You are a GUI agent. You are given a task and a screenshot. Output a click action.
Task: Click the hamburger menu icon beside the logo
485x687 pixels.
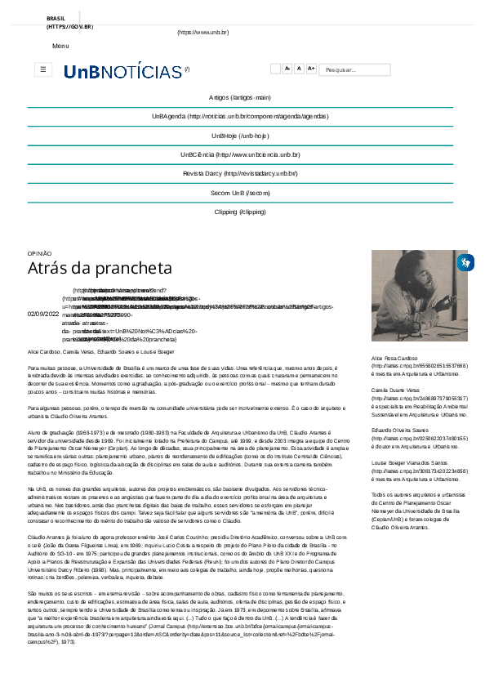pyautogui.click(x=43, y=70)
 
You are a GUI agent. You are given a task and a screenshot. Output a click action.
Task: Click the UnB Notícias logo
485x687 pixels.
pyautogui.click(x=122, y=71)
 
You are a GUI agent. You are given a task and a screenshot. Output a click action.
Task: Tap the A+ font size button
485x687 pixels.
pyautogui.click(x=311, y=69)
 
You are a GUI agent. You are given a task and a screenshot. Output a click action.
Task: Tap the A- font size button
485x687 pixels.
pyautogui.click(x=287, y=69)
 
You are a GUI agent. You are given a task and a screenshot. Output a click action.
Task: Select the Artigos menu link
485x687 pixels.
pyautogui.click(x=239, y=96)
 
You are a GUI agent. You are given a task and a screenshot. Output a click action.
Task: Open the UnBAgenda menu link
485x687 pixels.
pyautogui.click(x=239, y=116)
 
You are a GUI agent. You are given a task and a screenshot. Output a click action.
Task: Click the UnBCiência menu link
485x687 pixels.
pyautogui.click(x=239, y=154)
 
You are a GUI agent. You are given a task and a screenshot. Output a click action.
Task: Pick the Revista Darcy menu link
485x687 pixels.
pyautogui.click(x=239, y=173)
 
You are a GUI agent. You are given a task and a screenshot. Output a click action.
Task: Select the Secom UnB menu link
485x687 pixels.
pyautogui.click(x=239, y=192)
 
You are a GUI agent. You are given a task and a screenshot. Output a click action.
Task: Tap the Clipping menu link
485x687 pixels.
pyautogui.click(x=239, y=212)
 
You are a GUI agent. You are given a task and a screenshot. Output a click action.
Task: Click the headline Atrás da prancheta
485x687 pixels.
pyautogui.click(x=100, y=268)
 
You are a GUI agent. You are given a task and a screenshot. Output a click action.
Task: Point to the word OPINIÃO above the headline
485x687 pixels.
pyautogui.click(x=39, y=253)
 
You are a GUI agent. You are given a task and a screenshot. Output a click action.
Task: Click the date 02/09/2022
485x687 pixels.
pyautogui.click(x=43, y=313)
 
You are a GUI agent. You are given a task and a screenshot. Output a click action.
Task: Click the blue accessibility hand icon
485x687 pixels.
pyautogui.click(x=465, y=263)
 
